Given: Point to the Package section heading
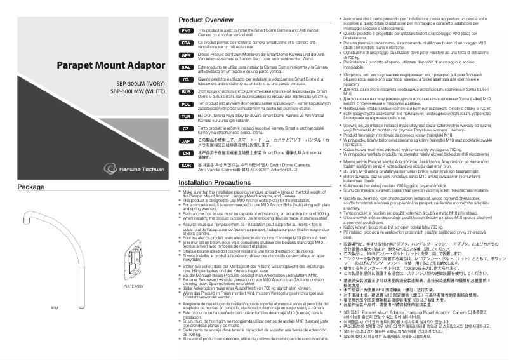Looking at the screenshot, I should (x=30, y=187).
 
